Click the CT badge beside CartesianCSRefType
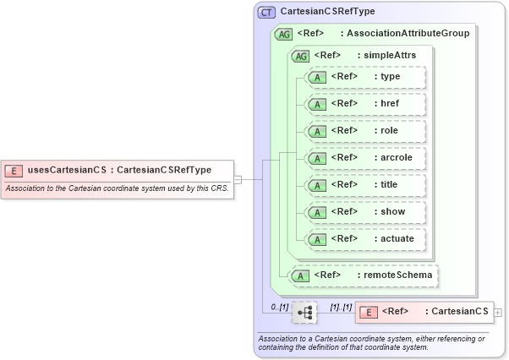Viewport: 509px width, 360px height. coord(267,13)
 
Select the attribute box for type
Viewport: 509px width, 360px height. coord(365,77)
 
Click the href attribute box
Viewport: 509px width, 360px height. coord(365,104)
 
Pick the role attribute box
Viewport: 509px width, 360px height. coord(365,131)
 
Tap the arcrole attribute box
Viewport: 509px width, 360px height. coord(365,158)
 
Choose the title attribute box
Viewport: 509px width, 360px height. coord(365,185)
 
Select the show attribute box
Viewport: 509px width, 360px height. coord(365,212)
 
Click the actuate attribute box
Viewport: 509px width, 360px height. coord(365,239)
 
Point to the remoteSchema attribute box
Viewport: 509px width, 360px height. coord(364,275)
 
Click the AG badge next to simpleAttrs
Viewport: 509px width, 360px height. coord(300,56)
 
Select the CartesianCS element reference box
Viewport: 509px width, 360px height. coord(424,312)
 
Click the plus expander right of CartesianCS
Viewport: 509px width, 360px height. coord(498,313)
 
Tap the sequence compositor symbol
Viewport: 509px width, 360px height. coord(304,313)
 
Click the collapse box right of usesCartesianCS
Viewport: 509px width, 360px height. coord(238,179)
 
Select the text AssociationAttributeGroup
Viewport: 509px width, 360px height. coord(408,34)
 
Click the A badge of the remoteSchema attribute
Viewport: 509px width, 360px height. coord(299,275)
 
